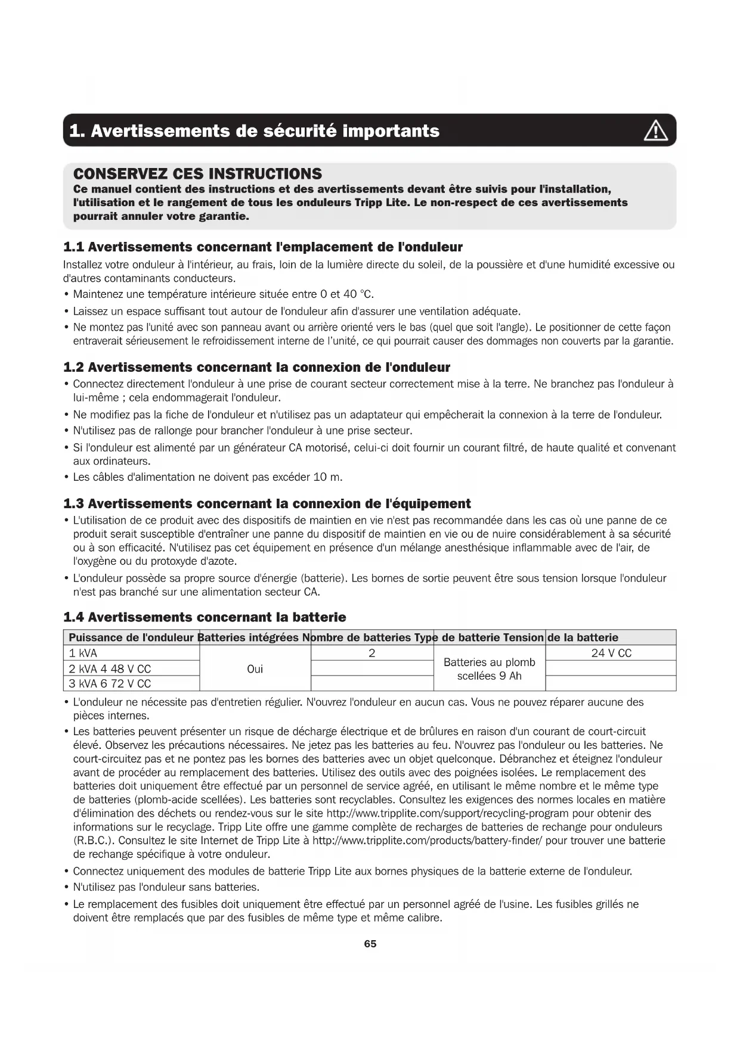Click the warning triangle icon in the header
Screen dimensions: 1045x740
tap(655, 130)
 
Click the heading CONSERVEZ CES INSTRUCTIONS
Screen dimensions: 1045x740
tap(197, 174)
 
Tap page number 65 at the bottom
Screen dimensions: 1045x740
tap(370, 944)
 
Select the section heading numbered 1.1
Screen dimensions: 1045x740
tap(263, 247)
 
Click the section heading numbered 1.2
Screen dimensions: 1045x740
tap(256, 367)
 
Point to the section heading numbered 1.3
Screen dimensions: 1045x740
tap(267, 503)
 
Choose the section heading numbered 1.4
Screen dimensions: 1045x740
tap(205, 617)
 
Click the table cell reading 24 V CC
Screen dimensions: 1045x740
tap(611, 653)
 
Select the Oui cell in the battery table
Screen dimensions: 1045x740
tap(255, 669)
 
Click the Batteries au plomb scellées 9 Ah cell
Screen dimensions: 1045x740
tap(490, 669)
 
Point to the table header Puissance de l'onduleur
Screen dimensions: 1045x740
tap(132, 637)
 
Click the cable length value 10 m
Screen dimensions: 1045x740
tap(327, 477)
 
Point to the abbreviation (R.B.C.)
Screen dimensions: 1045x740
tap(94, 841)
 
